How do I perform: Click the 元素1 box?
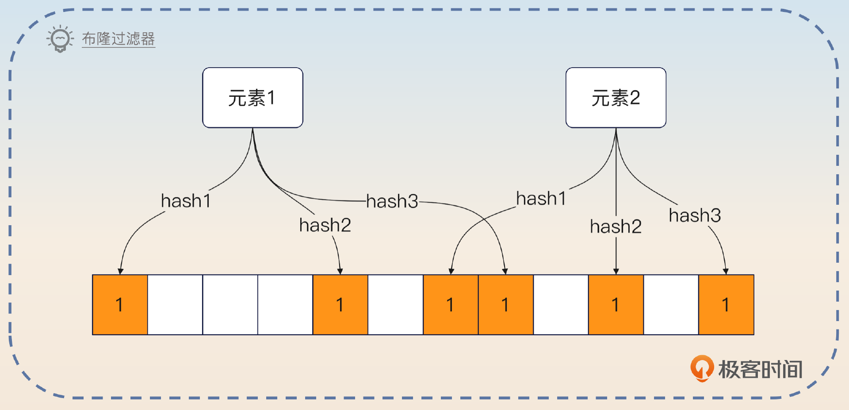252,98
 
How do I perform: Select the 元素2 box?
616,98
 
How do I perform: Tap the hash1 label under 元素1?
186,201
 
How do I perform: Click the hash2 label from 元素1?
325,225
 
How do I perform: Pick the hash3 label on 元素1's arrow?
392,201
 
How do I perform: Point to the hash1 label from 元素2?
541,199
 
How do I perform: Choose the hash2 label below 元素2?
616,226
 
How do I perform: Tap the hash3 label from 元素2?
695,215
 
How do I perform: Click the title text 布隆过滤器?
118,39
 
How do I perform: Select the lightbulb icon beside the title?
60,39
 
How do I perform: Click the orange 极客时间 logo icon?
702,368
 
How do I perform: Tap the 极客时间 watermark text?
760,369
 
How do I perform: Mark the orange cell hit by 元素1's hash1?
120,305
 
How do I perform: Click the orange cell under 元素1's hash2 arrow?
340,305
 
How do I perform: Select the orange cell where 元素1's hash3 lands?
505,305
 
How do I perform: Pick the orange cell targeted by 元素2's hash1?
451,305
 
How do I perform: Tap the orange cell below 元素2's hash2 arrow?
616,305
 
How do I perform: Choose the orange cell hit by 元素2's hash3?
726,305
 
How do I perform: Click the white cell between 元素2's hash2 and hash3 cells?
671,305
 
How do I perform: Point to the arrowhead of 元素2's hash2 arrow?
616,271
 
